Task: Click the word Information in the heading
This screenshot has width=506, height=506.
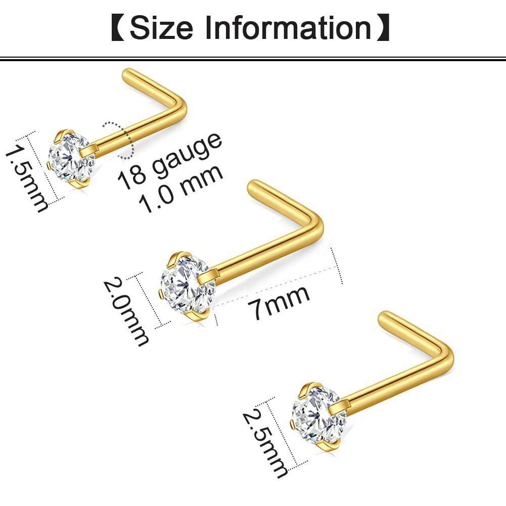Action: pyautogui.click(x=288, y=28)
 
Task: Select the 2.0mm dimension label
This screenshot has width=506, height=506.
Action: pyautogui.click(x=126, y=311)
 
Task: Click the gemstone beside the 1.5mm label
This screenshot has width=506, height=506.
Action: pyautogui.click(x=71, y=157)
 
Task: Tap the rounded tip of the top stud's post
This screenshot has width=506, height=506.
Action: pyautogui.click(x=128, y=74)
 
